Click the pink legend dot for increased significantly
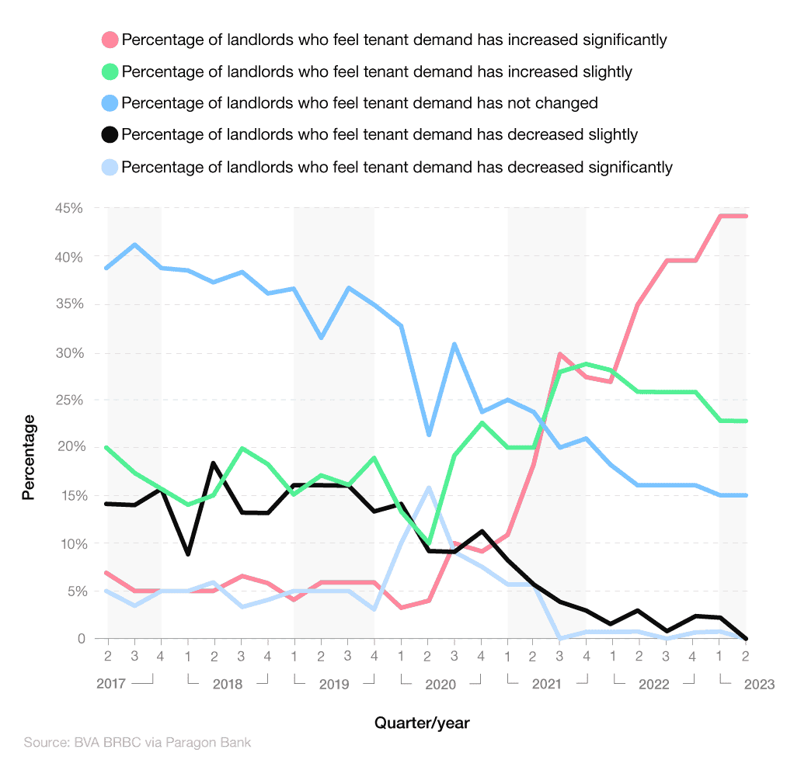pos(110,40)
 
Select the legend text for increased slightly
pos(377,71)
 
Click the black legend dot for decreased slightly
pos(110,135)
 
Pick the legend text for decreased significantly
pos(397,167)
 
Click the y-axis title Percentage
pos(29,457)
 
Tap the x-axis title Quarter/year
pos(422,723)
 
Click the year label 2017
pos(111,685)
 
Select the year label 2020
pos(440,685)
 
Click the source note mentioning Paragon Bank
pos(138,743)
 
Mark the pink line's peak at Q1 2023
pos(720,216)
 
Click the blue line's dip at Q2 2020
pos(428,435)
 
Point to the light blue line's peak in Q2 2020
pos(428,487)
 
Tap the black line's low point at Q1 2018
pos(188,554)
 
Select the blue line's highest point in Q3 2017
pos(135,245)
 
